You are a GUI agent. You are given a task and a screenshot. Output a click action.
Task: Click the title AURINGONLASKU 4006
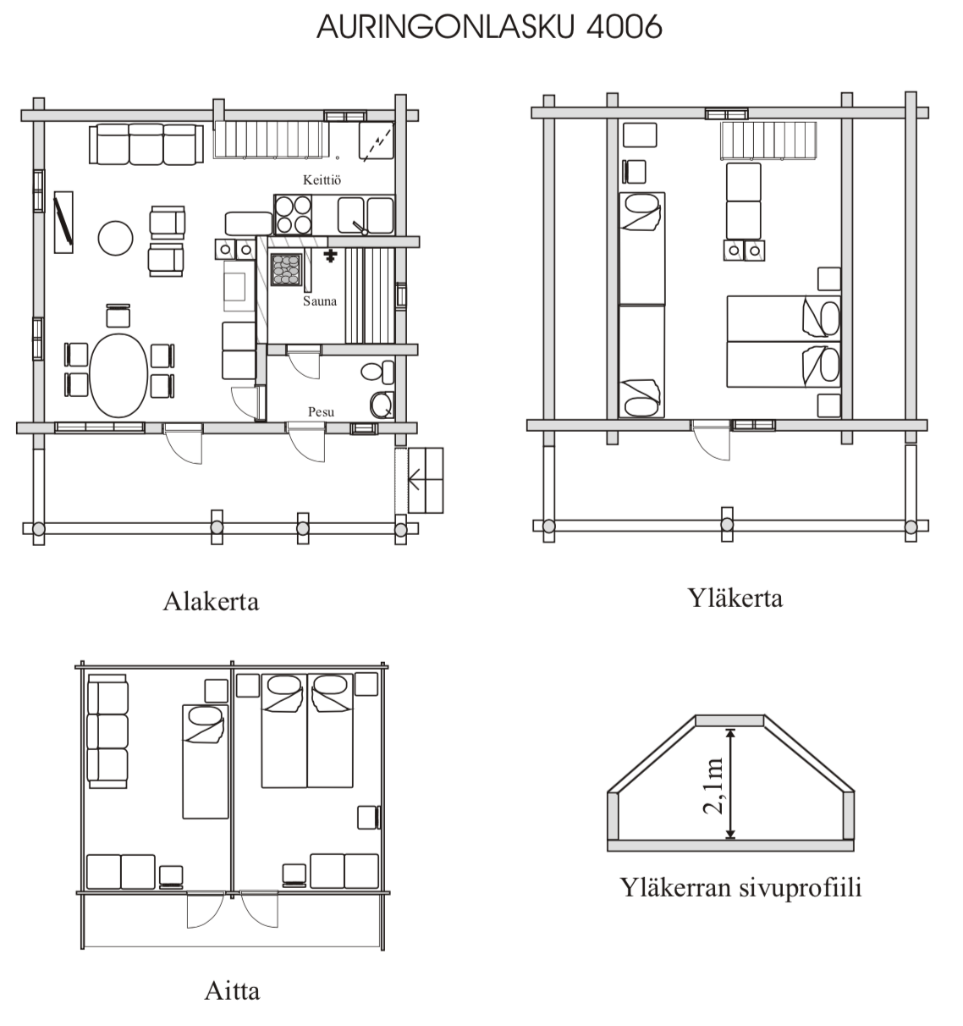coord(489,27)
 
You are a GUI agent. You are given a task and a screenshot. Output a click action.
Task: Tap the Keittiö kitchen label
coord(322,179)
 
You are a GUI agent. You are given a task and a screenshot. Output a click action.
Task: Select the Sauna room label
coord(320,301)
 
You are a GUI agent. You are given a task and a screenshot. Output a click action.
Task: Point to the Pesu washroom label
coord(321,411)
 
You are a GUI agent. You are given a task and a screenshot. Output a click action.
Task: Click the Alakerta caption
coord(211,601)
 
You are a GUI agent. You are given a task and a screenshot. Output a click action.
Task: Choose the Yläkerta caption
coord(735,598)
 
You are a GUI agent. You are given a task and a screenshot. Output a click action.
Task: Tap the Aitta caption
coord(232,991)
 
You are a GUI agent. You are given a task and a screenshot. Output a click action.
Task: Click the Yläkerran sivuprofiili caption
coord(740,887)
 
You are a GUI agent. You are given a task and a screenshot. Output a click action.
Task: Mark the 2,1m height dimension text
coord(713,786)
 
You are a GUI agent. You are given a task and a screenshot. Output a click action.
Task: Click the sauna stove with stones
coord(286,269)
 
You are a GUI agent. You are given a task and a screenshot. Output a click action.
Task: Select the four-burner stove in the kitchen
coord(294,215)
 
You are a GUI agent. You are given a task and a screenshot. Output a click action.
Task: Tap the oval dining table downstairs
coord(118,375)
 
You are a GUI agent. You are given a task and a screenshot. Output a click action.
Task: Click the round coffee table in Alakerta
coord(116,238)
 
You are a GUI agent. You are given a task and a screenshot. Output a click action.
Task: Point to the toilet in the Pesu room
coord(377,372)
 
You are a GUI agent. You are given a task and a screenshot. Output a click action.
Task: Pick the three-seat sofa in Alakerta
coord(146,144)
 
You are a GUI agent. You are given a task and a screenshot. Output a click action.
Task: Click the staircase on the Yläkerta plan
coord(768,140)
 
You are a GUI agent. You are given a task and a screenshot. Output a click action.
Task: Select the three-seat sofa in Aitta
coord(107,731)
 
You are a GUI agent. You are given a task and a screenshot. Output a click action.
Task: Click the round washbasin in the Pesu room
coord(382,405)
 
